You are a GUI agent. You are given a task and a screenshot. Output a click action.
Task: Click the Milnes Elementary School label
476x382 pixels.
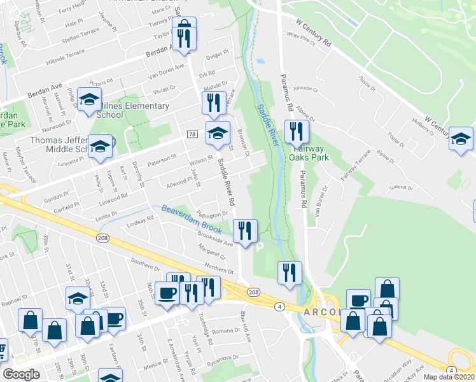tap(132, 110)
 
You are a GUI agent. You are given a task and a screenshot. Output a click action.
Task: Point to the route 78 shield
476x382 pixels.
tap(192, 134)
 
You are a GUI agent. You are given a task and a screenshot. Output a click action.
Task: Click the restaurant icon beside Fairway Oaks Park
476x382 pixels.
tap(297, 132)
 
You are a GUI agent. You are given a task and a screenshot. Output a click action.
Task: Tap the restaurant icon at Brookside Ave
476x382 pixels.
tap(245, 230)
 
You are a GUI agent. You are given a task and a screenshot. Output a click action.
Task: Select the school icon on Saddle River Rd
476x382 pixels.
tap(218, 132)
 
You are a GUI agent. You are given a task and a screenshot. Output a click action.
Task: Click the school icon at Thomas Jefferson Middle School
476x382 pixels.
tap(100, 146)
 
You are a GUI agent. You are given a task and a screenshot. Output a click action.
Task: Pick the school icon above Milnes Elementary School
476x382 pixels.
tap(90, 99)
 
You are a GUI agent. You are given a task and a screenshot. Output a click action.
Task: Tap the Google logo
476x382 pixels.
tap(21, 374)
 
